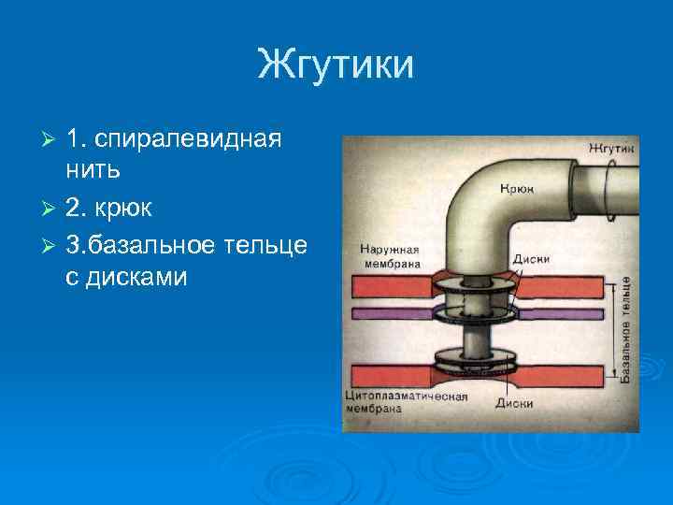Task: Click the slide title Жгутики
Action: pyautogui.click(x=336, y=66)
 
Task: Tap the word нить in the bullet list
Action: pyautogui.click(x=93, y=172)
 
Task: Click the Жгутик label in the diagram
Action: pyautogui.click(x=611, y=149)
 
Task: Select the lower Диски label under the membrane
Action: pyautogui.click(x=514, y=404)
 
